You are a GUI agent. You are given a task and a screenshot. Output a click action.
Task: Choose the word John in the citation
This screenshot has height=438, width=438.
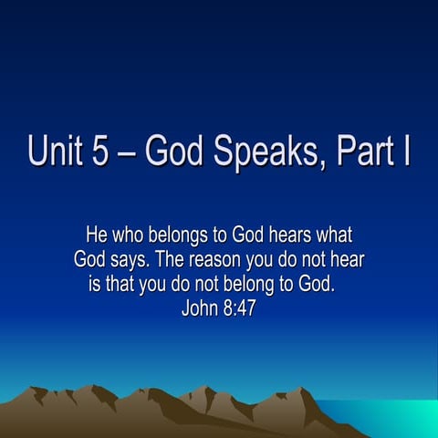pos(203,306)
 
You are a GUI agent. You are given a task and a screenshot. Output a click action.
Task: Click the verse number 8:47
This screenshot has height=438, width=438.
pos(246,306)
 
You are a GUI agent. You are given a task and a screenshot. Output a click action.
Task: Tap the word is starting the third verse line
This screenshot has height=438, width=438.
pos(94,283)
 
